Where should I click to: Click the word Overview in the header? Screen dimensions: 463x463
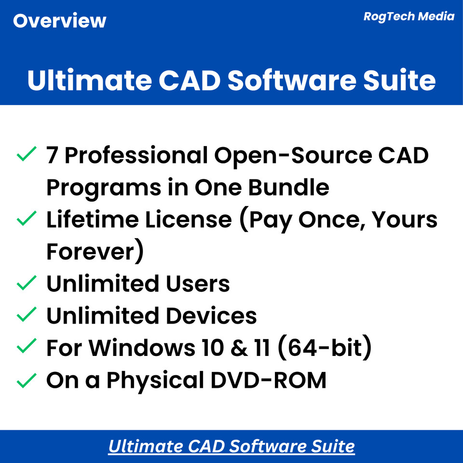pyautogui.click(x=59, y=21)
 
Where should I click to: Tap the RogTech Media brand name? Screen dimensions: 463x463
pyautogui.click(x=409, y=16)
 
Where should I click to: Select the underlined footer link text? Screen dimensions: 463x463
pyautogui.click(x=231, y=446)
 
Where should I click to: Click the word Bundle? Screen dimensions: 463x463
pyautogui.click(x=288, y=187)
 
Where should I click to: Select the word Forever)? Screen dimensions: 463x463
pyautogui.click(x=95, y=252)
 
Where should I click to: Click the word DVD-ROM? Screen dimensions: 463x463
pyautogui.click(x=274, y=381)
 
